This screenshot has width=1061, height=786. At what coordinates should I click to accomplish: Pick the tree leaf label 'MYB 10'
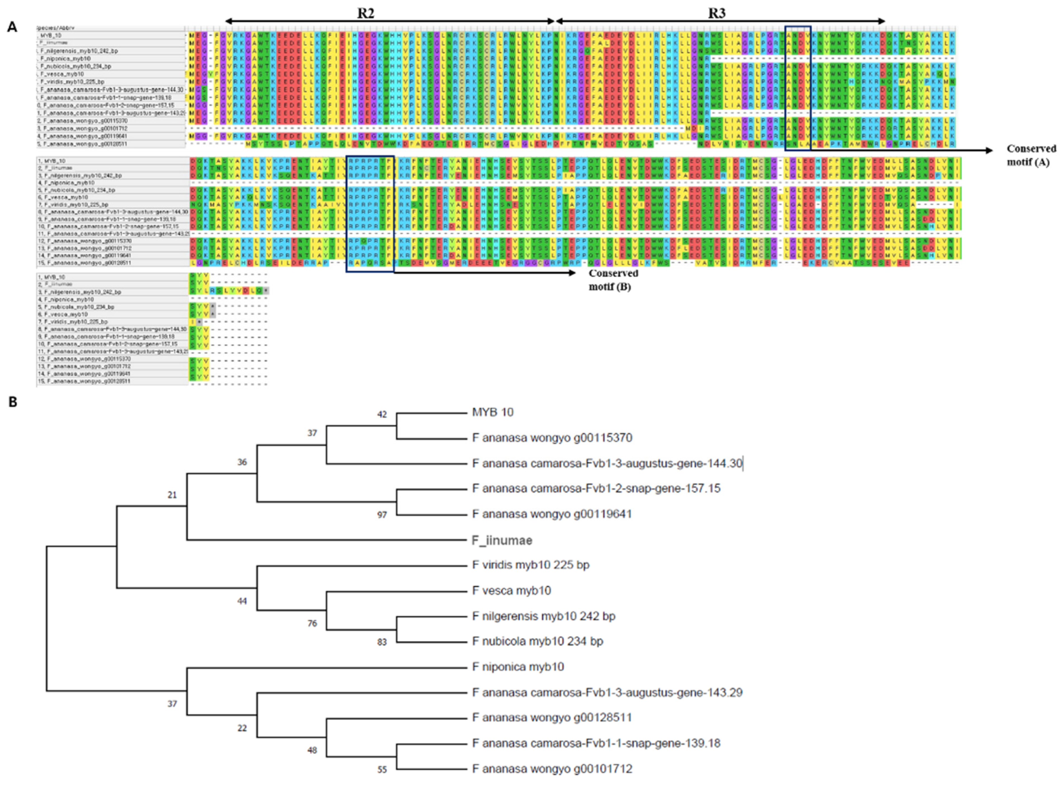(x=492, y=412)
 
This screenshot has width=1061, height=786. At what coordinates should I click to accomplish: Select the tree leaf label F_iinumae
(x=502, y=540)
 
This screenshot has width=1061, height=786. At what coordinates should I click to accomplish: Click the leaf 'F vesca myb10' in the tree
(x=511, y=590)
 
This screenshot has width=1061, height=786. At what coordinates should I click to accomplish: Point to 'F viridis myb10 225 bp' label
(x=530, y=565)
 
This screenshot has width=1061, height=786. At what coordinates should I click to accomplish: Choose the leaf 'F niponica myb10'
(x=518, y=667)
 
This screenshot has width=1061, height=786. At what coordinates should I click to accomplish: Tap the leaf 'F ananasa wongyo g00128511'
(x=552, y=718)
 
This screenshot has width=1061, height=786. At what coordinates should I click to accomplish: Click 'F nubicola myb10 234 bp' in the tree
(x=538, y=641)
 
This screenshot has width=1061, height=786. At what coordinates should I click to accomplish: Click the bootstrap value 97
(x=382, y=515)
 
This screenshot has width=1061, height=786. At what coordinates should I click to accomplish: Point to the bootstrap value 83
(x=382, y=642)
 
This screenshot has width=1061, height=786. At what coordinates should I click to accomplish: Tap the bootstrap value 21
(x=172, y=495)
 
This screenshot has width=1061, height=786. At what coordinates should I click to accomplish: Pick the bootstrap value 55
(x=382, y=769)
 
